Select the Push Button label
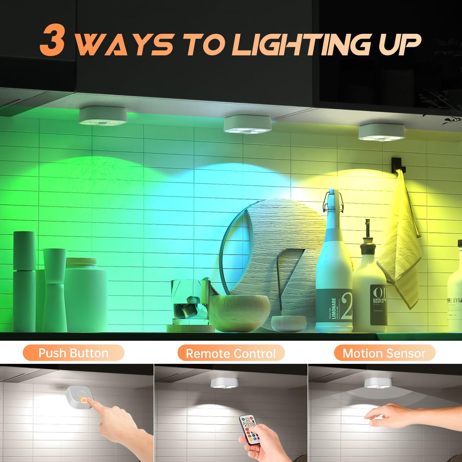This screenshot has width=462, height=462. tap(73, 353)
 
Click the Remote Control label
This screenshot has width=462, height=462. tap(231, 354)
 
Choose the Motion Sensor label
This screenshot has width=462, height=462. tap(384, 353)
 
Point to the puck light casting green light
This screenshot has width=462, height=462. tap(103, 116)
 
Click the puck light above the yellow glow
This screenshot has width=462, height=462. tap(381, 132)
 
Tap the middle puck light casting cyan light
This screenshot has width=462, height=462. tap(247, 124)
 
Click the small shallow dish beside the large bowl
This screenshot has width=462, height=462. tap(288, 324)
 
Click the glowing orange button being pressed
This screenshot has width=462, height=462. tap(84, 400)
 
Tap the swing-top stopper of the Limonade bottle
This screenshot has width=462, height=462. tap(332, 200)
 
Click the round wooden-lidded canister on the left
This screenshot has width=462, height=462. tap(86, 294)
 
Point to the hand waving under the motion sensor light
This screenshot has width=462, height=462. tap(390, 416)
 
